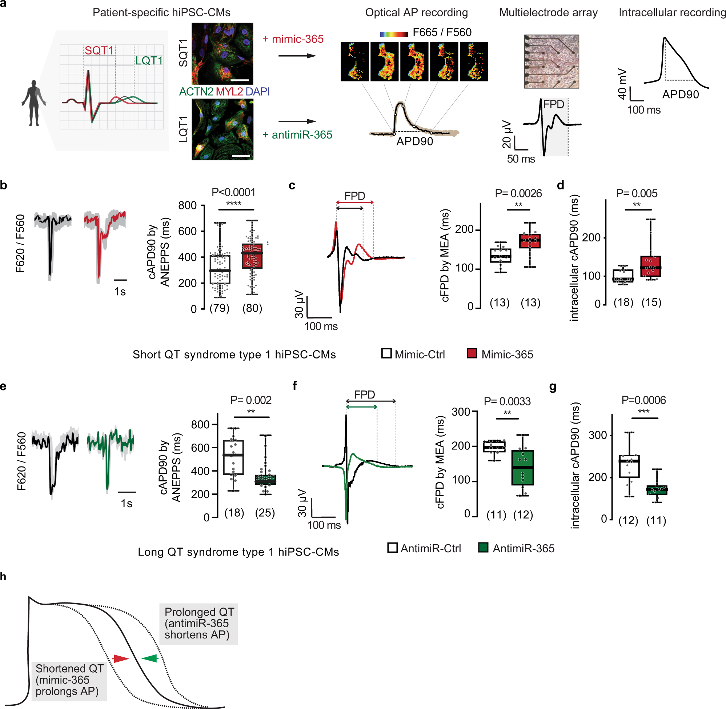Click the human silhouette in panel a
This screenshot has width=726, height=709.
point(34,103)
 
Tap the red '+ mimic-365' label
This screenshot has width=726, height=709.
point(293,39)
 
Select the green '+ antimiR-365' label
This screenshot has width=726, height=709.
point(297,135)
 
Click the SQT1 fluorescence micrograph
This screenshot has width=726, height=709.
point(222,53)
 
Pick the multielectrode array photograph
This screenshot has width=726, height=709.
point(551,61)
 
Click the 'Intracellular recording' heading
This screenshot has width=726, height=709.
point(672,13)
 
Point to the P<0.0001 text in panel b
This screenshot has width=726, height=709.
point(233,192)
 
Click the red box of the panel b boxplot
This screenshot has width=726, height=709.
point(252,256)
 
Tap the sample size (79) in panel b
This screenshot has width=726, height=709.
point(219,308)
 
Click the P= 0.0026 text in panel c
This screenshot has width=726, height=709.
point(518,193)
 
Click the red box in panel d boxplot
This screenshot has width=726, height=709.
point(650,266)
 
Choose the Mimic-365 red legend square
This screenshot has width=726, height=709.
point(472,353)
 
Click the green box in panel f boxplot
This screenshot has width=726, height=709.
point(522,467)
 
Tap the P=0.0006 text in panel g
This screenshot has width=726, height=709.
point(643,400)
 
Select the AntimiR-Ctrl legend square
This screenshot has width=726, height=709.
point(392,548)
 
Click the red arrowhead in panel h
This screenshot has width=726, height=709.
point(121,659)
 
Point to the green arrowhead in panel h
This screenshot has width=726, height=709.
point(150,659)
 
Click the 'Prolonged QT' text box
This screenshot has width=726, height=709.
point(198,623)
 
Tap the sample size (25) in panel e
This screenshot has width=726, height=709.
point(265,513)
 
